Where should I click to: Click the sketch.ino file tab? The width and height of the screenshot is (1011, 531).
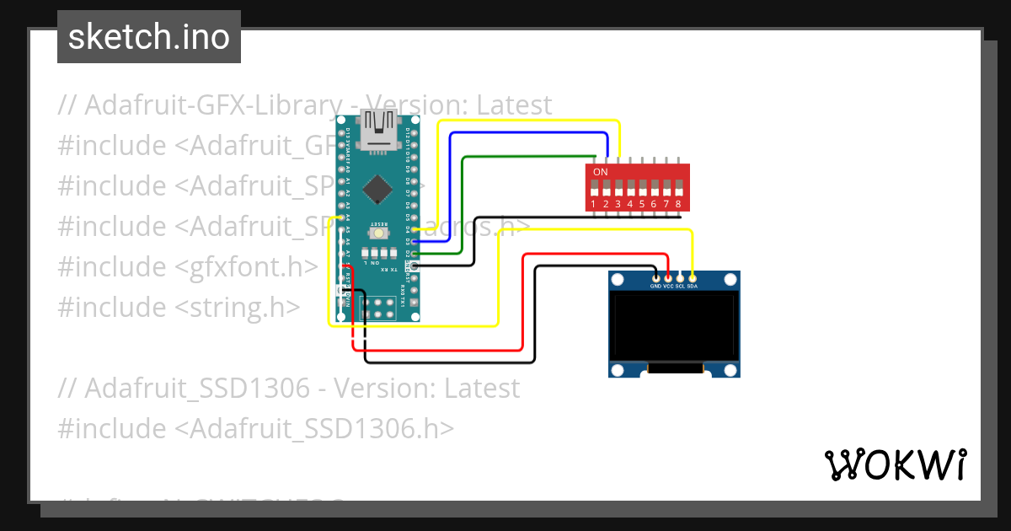click(x=149, y=37)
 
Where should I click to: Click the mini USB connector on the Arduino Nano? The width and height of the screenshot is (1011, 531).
click(x=377, y=126)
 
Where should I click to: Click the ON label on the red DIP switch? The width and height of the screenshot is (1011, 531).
click(x=601, y=172)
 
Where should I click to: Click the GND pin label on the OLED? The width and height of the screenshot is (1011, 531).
click(x=655, y=286)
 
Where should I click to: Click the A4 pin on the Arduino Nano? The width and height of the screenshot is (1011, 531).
click(x=340, y=217)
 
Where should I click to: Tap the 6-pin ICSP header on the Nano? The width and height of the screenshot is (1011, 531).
click(x=377, y=308)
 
